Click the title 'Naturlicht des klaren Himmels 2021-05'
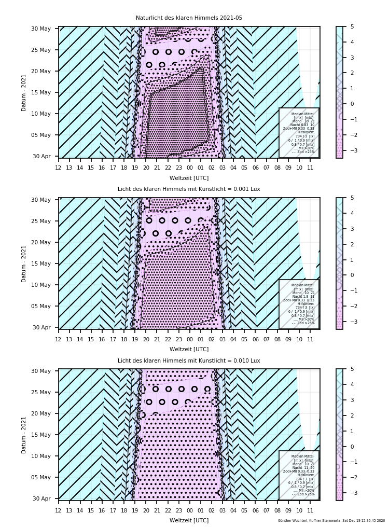pos(189,18)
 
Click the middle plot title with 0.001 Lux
pos(189,189)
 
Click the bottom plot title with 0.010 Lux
pos(189,360)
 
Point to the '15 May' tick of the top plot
pos(44,92)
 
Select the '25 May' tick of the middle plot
pos(44,221)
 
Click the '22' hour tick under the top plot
pos(168,168)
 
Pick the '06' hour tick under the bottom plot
pos(255,510)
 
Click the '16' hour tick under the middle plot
pos(102,339)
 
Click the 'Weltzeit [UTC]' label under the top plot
pos(189,178)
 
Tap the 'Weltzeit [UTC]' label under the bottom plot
pos(189,520)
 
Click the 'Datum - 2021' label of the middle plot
pos(24,263)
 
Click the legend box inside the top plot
pos(299,132)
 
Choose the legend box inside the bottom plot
pos(299,475)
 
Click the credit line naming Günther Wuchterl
pos(331,520)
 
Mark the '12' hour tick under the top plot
pos(58,168)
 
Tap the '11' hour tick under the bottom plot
pos(310,510)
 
